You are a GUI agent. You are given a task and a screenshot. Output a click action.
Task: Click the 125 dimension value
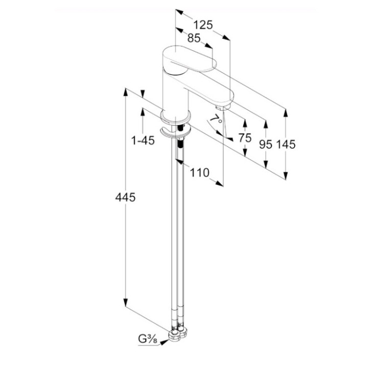203,25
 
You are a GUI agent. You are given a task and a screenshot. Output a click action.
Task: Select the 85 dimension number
193,38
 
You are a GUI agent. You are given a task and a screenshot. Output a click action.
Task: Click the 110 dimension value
199,173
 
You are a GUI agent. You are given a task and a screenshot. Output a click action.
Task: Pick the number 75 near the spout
245,137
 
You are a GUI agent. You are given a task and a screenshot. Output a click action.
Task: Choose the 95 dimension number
265,145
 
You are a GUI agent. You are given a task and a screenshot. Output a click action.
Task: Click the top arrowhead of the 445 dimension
125,92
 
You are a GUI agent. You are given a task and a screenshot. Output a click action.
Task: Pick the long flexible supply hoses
177,230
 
